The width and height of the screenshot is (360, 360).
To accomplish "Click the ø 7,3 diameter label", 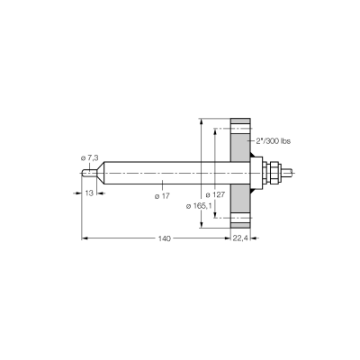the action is [x=90, y=157].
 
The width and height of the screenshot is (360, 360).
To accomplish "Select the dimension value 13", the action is [x=89, y=193].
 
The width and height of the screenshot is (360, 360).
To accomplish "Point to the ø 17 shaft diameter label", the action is [x=162, y=196].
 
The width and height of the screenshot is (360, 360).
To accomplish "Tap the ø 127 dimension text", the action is [x=215, y=195].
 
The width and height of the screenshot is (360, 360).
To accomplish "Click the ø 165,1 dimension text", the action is [x=199, y=206].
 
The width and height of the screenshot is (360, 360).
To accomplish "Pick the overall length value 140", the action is [x=165, y=238].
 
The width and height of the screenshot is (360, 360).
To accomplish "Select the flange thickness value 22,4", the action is [x=240, y=238].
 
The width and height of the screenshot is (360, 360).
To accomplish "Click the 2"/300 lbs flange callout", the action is [x=273, y=141].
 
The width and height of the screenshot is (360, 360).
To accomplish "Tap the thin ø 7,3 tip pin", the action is [x=89, y=174].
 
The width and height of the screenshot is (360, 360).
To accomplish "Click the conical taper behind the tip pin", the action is [x=101, y=173].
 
